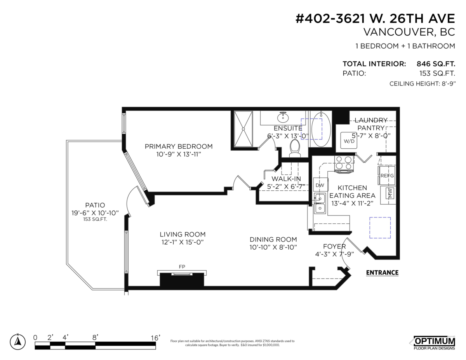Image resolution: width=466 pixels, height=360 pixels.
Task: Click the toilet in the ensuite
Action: point(295,147)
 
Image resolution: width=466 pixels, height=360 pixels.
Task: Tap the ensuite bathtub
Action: point(321,129)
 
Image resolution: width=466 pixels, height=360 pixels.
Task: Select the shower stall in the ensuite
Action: point(243,129)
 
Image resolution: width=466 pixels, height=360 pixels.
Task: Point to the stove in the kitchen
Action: point(344,163)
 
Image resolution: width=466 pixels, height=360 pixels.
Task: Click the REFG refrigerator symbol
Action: point(387,176)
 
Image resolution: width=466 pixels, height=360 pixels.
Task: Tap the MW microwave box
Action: point(389,193)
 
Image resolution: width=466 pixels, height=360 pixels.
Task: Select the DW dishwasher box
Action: point(320,185)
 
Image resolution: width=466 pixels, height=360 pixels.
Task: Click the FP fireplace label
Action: point(182,266)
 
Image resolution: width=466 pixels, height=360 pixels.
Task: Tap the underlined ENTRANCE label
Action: point(382,273)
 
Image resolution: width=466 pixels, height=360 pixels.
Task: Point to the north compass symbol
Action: point(17,341)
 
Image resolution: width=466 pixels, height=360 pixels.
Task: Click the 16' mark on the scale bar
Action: point(155,338)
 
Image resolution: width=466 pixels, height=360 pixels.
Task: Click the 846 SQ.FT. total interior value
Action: point(435,64)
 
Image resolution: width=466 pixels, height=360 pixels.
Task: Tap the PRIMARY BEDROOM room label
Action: point(179,146)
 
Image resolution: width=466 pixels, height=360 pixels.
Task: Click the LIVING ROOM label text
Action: point(183,235)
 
